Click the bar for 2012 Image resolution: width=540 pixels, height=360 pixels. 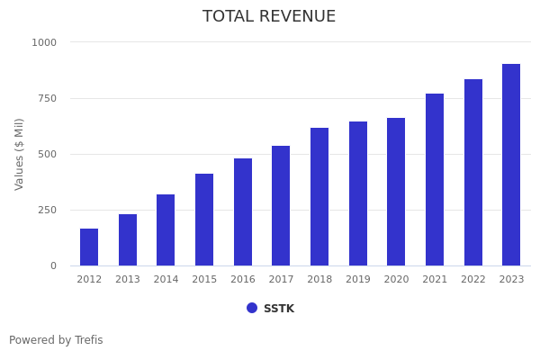click(89, 247)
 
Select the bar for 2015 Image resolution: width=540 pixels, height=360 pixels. click(204, 220)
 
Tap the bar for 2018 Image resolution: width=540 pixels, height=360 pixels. click(319, 197)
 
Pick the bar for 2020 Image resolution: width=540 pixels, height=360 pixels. click(396, 192)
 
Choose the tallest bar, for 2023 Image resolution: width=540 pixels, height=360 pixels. click(511, 165)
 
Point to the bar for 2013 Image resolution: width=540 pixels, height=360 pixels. click(128, 240)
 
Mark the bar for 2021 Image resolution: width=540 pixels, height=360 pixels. click(435, 180)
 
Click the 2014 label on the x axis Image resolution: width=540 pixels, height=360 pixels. click(166, 280)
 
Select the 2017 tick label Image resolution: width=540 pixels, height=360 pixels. click(281, 280)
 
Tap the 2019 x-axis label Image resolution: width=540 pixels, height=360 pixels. click(358, 280)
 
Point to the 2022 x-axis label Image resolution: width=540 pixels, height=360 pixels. click(473, 280)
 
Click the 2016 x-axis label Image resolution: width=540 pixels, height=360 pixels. click(243, 280)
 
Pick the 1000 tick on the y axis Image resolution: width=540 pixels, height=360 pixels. click(44, 42)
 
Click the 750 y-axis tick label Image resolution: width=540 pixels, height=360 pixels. click(48, 98)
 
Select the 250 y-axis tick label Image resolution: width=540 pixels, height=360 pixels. click(48, 210)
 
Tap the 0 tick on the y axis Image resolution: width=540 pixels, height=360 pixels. click(53, 265)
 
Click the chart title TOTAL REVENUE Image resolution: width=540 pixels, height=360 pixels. click(269, 17)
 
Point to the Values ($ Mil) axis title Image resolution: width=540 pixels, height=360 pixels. click(20, 154)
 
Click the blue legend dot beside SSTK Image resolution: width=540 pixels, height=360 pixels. click(252, 308)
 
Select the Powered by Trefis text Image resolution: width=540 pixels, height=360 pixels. click(56, 340)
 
